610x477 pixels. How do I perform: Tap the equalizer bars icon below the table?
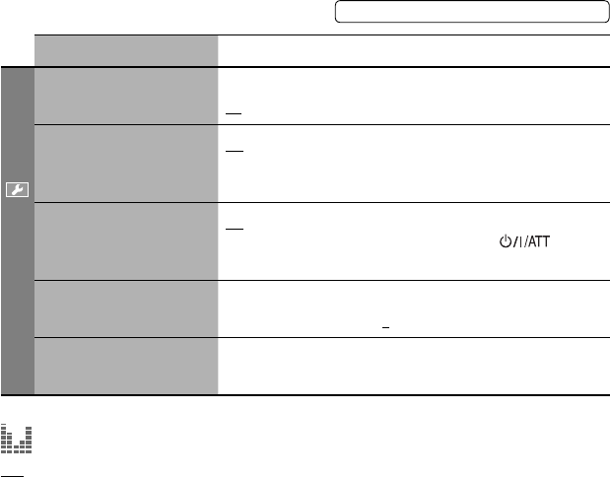click(x=17, y=440)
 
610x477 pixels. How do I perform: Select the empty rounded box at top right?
click(x=471, y=12)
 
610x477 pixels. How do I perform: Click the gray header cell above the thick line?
click(x=125, y=51)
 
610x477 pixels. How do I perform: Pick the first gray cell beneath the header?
click(x=125, y=97)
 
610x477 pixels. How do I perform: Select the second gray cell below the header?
click(x=125, y=164)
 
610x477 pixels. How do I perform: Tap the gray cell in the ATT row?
click(x=125, y=241)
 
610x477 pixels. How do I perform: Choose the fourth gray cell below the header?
click(x=125, y=309)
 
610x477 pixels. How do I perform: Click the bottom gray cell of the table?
click(x=125, y=367)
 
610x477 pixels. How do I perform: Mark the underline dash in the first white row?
click(x=233, y=113)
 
